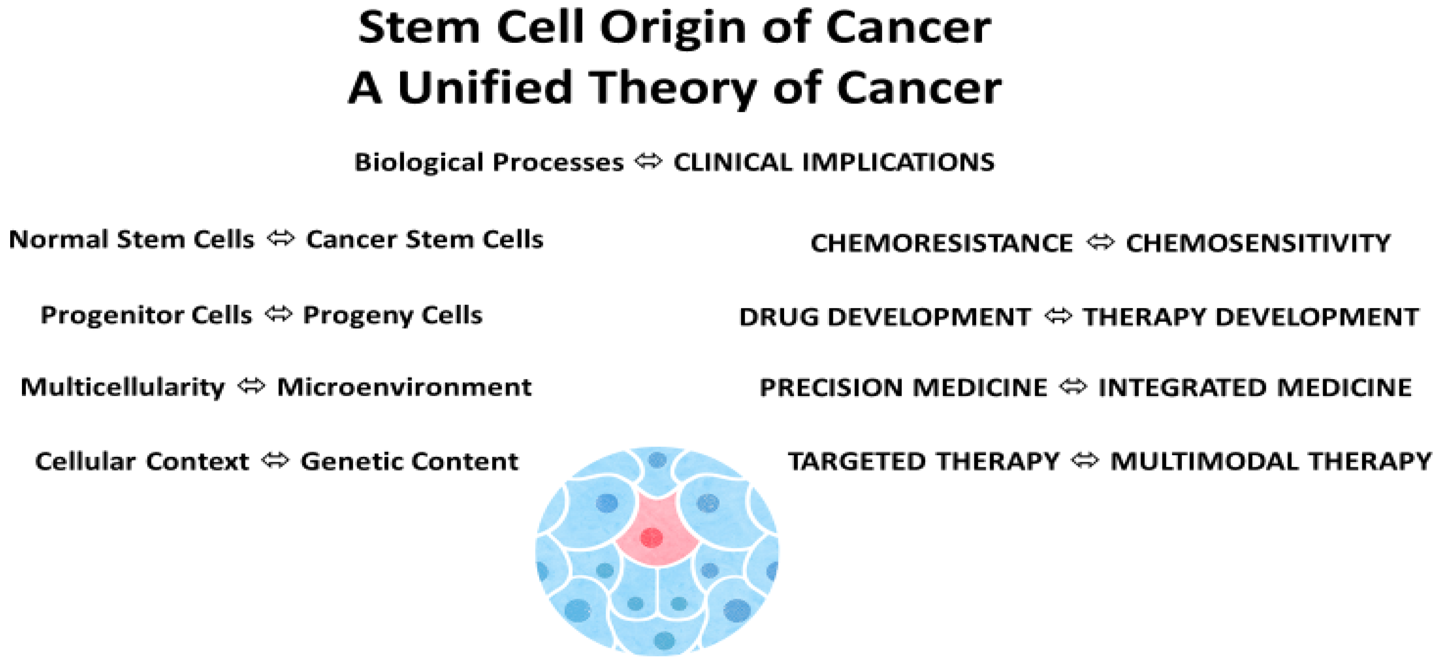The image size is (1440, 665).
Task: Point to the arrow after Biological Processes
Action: (x=648, y=162)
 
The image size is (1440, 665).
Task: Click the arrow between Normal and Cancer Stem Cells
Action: (x=281, y=239)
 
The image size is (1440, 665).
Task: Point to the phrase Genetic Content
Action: (x=409, y=461)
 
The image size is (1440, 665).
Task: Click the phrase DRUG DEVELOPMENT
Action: (x=885, y=317)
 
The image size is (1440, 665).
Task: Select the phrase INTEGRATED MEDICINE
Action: (x=1255, y=388)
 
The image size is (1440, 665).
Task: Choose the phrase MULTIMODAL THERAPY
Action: (x=1270, y=461)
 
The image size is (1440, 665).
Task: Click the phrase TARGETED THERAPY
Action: (x=923, y=461)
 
